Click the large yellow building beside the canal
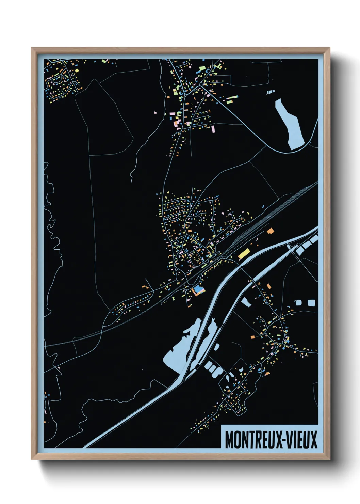244,254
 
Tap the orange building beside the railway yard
270,231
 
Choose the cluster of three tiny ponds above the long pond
270,92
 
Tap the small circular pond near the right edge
298,302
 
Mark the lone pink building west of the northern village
156,112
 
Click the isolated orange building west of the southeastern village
253,337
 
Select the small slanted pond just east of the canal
246,302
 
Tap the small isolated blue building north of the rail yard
263,206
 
